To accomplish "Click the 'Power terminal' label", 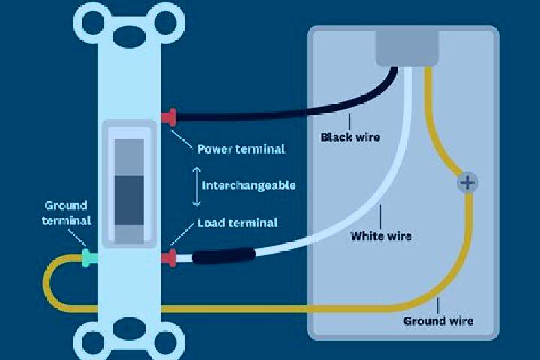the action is click(241, 149).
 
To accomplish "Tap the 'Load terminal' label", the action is click(237, 223).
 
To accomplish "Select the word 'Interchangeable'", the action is click(249, 186).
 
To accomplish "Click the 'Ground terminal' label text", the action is click(66, 213).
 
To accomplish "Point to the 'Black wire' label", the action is click(350, 137).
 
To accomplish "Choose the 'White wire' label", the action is click(381, 236).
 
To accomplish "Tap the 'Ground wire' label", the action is click(438, 321).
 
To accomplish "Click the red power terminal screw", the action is click(169, 118).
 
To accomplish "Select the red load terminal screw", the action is click(169, 258).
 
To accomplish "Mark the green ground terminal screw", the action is click(89, 258).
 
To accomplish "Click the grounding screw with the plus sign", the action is click(467, 182).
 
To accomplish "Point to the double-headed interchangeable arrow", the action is click(196, 187).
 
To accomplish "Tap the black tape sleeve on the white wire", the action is click(223, 256).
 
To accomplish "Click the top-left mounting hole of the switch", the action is click(93, 22).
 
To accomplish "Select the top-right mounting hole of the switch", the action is click(165, 22).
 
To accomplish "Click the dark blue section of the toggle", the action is click(129, 200).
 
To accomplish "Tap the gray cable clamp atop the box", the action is click(406, 48).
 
